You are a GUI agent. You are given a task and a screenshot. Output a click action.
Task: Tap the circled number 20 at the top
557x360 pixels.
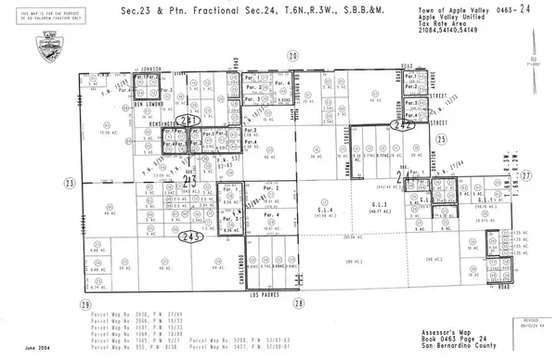tap(293, 58)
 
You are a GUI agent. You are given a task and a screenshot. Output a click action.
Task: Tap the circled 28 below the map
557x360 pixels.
tap(298, 303)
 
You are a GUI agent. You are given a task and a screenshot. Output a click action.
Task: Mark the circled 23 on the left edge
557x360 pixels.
tap(70, 184)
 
